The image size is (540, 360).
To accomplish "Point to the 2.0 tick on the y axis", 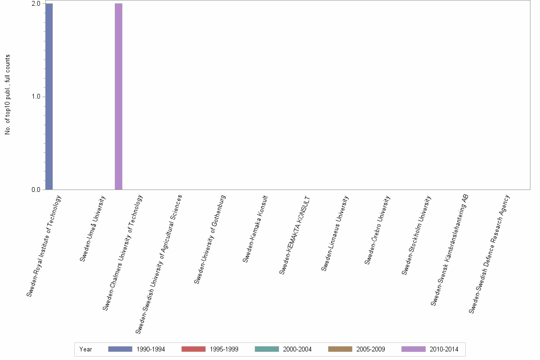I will tap(36, 4).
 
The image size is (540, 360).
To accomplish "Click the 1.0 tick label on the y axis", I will tap(36, 97).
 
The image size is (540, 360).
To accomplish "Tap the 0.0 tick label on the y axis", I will tap(36, 190).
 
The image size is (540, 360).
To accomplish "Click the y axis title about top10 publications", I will tap(8, 95).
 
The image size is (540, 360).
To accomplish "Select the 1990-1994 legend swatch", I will tap(120, 349).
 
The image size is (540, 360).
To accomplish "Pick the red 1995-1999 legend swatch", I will tap(193, 349).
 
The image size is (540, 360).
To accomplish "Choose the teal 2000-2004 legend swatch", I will tap(267, 349).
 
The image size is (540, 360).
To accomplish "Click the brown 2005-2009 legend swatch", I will tap(340, 349).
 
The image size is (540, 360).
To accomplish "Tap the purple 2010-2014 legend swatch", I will tap(413, 349).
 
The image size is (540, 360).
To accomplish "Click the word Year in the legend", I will tap(86, 350).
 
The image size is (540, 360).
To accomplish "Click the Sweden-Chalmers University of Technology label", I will tap(122, 253).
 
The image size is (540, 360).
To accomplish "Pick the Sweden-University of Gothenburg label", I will tap(210, 240).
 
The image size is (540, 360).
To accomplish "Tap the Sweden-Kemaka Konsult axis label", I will tap(256, 229).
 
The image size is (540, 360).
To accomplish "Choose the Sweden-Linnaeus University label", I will tap(335, 233).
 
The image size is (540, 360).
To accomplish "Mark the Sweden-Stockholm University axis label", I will tap(416, 235).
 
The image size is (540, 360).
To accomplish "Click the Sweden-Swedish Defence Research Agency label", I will tap(489, 254).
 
